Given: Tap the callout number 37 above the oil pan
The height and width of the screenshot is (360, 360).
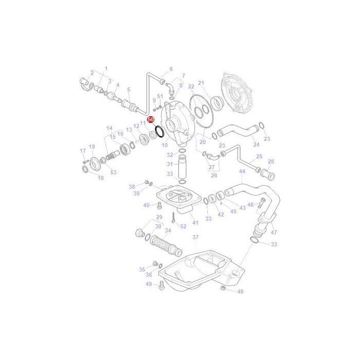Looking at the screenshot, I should pos(195,237).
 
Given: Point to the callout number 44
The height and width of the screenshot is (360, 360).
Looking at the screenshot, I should pos(242,171).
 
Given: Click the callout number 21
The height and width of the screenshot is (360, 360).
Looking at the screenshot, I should pos(201,83).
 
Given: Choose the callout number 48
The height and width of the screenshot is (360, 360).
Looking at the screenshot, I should pos(240,292).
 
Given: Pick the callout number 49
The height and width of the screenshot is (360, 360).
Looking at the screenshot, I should pos(149,284).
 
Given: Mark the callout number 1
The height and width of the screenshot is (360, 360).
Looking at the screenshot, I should pos(106,68).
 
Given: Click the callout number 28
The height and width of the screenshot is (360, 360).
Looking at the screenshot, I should pos(271,161).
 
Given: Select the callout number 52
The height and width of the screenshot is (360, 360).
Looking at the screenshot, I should pos(183,226).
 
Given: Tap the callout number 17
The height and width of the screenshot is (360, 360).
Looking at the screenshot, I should pos(82,151).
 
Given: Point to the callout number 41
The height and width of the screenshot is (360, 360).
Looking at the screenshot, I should pos(195,222).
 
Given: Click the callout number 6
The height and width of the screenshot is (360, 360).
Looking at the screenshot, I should pos(171,69).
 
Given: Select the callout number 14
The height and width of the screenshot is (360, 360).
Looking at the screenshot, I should pos(109,129).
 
